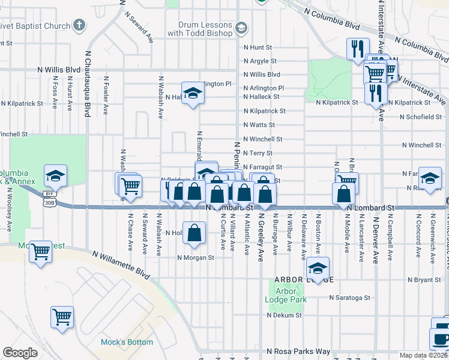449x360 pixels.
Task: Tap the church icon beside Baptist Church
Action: (x=79, y=26)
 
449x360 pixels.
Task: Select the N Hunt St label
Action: (x=258, y=47)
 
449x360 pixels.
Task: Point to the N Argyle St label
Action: (x=259, y=61)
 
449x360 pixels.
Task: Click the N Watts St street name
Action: (x=259, y=125)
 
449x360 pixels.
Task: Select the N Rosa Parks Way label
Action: (x=298, y=351)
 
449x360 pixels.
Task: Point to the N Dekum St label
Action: (x=284, y=314)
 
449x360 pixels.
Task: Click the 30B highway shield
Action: (x=49, y=202)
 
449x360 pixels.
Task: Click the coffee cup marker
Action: (x=442, y=338)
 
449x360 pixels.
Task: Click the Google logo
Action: (x=20, y=353)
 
